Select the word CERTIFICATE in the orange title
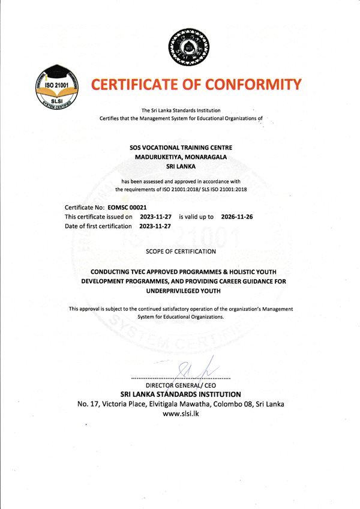[137, 84]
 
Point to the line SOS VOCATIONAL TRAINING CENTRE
[181, 147]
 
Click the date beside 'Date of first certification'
[155, 226]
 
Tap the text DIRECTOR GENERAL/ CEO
[181, 385]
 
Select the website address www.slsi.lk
[181, 414]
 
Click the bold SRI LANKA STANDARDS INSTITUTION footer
[181, 394]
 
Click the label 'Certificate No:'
[83, 207]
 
